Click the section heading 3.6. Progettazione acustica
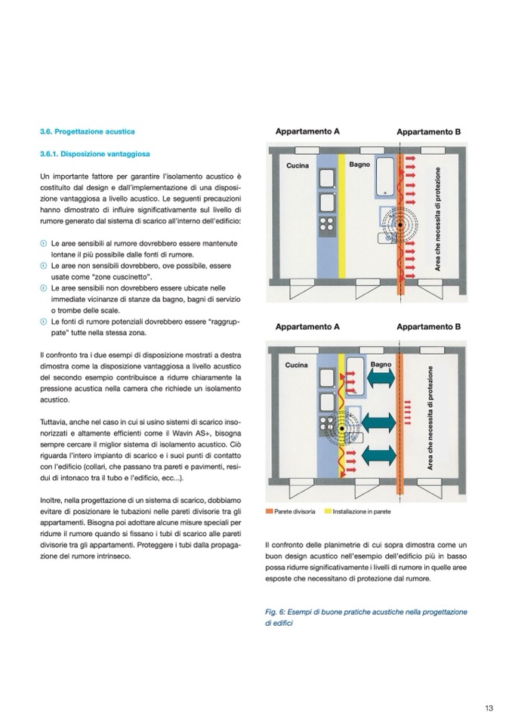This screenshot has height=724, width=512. pos(88,131)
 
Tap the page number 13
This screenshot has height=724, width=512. pos(489,708)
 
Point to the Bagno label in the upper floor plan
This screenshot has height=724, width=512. pos(359,164)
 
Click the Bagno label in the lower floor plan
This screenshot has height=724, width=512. pos(381,365)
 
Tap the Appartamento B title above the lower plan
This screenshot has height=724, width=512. pos(429,328)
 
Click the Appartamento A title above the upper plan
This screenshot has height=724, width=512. pos(307,131)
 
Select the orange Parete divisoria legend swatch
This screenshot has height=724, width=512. pos(269,512)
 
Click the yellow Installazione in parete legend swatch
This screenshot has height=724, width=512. pos(328,512)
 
